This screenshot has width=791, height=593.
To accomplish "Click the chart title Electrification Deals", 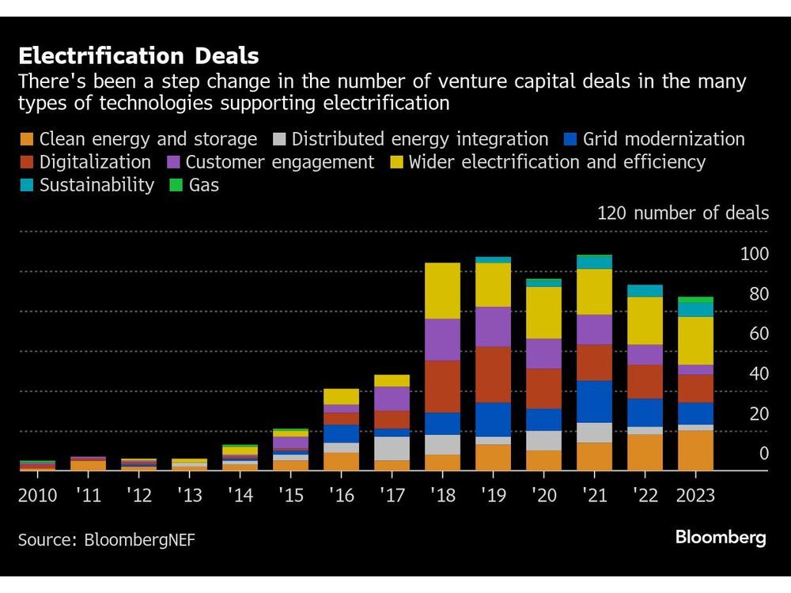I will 138,56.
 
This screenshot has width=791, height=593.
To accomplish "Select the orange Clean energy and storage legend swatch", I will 27,140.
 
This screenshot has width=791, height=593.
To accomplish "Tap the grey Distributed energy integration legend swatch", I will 279,140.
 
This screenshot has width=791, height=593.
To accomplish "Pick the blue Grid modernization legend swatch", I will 570,140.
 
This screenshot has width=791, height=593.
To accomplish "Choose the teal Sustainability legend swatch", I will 27,186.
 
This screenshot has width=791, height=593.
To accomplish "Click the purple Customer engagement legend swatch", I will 173,163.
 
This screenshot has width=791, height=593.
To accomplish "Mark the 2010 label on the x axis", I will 37,496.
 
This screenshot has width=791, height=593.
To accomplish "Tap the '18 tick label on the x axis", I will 442,496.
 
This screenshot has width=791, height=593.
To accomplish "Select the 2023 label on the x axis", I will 695,496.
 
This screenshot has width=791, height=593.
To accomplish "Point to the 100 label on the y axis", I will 754,254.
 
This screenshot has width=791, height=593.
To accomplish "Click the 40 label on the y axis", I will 759,373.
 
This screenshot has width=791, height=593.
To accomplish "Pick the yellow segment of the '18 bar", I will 442,291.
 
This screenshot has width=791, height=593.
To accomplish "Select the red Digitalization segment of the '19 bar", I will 493,374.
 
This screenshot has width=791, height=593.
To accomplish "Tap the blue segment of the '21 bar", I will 594,402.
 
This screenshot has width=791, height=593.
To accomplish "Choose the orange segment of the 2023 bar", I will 695,451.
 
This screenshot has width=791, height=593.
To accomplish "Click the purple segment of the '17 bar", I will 392,398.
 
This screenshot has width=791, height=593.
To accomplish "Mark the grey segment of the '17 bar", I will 392,448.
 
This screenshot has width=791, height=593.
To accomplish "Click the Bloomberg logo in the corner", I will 721,538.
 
